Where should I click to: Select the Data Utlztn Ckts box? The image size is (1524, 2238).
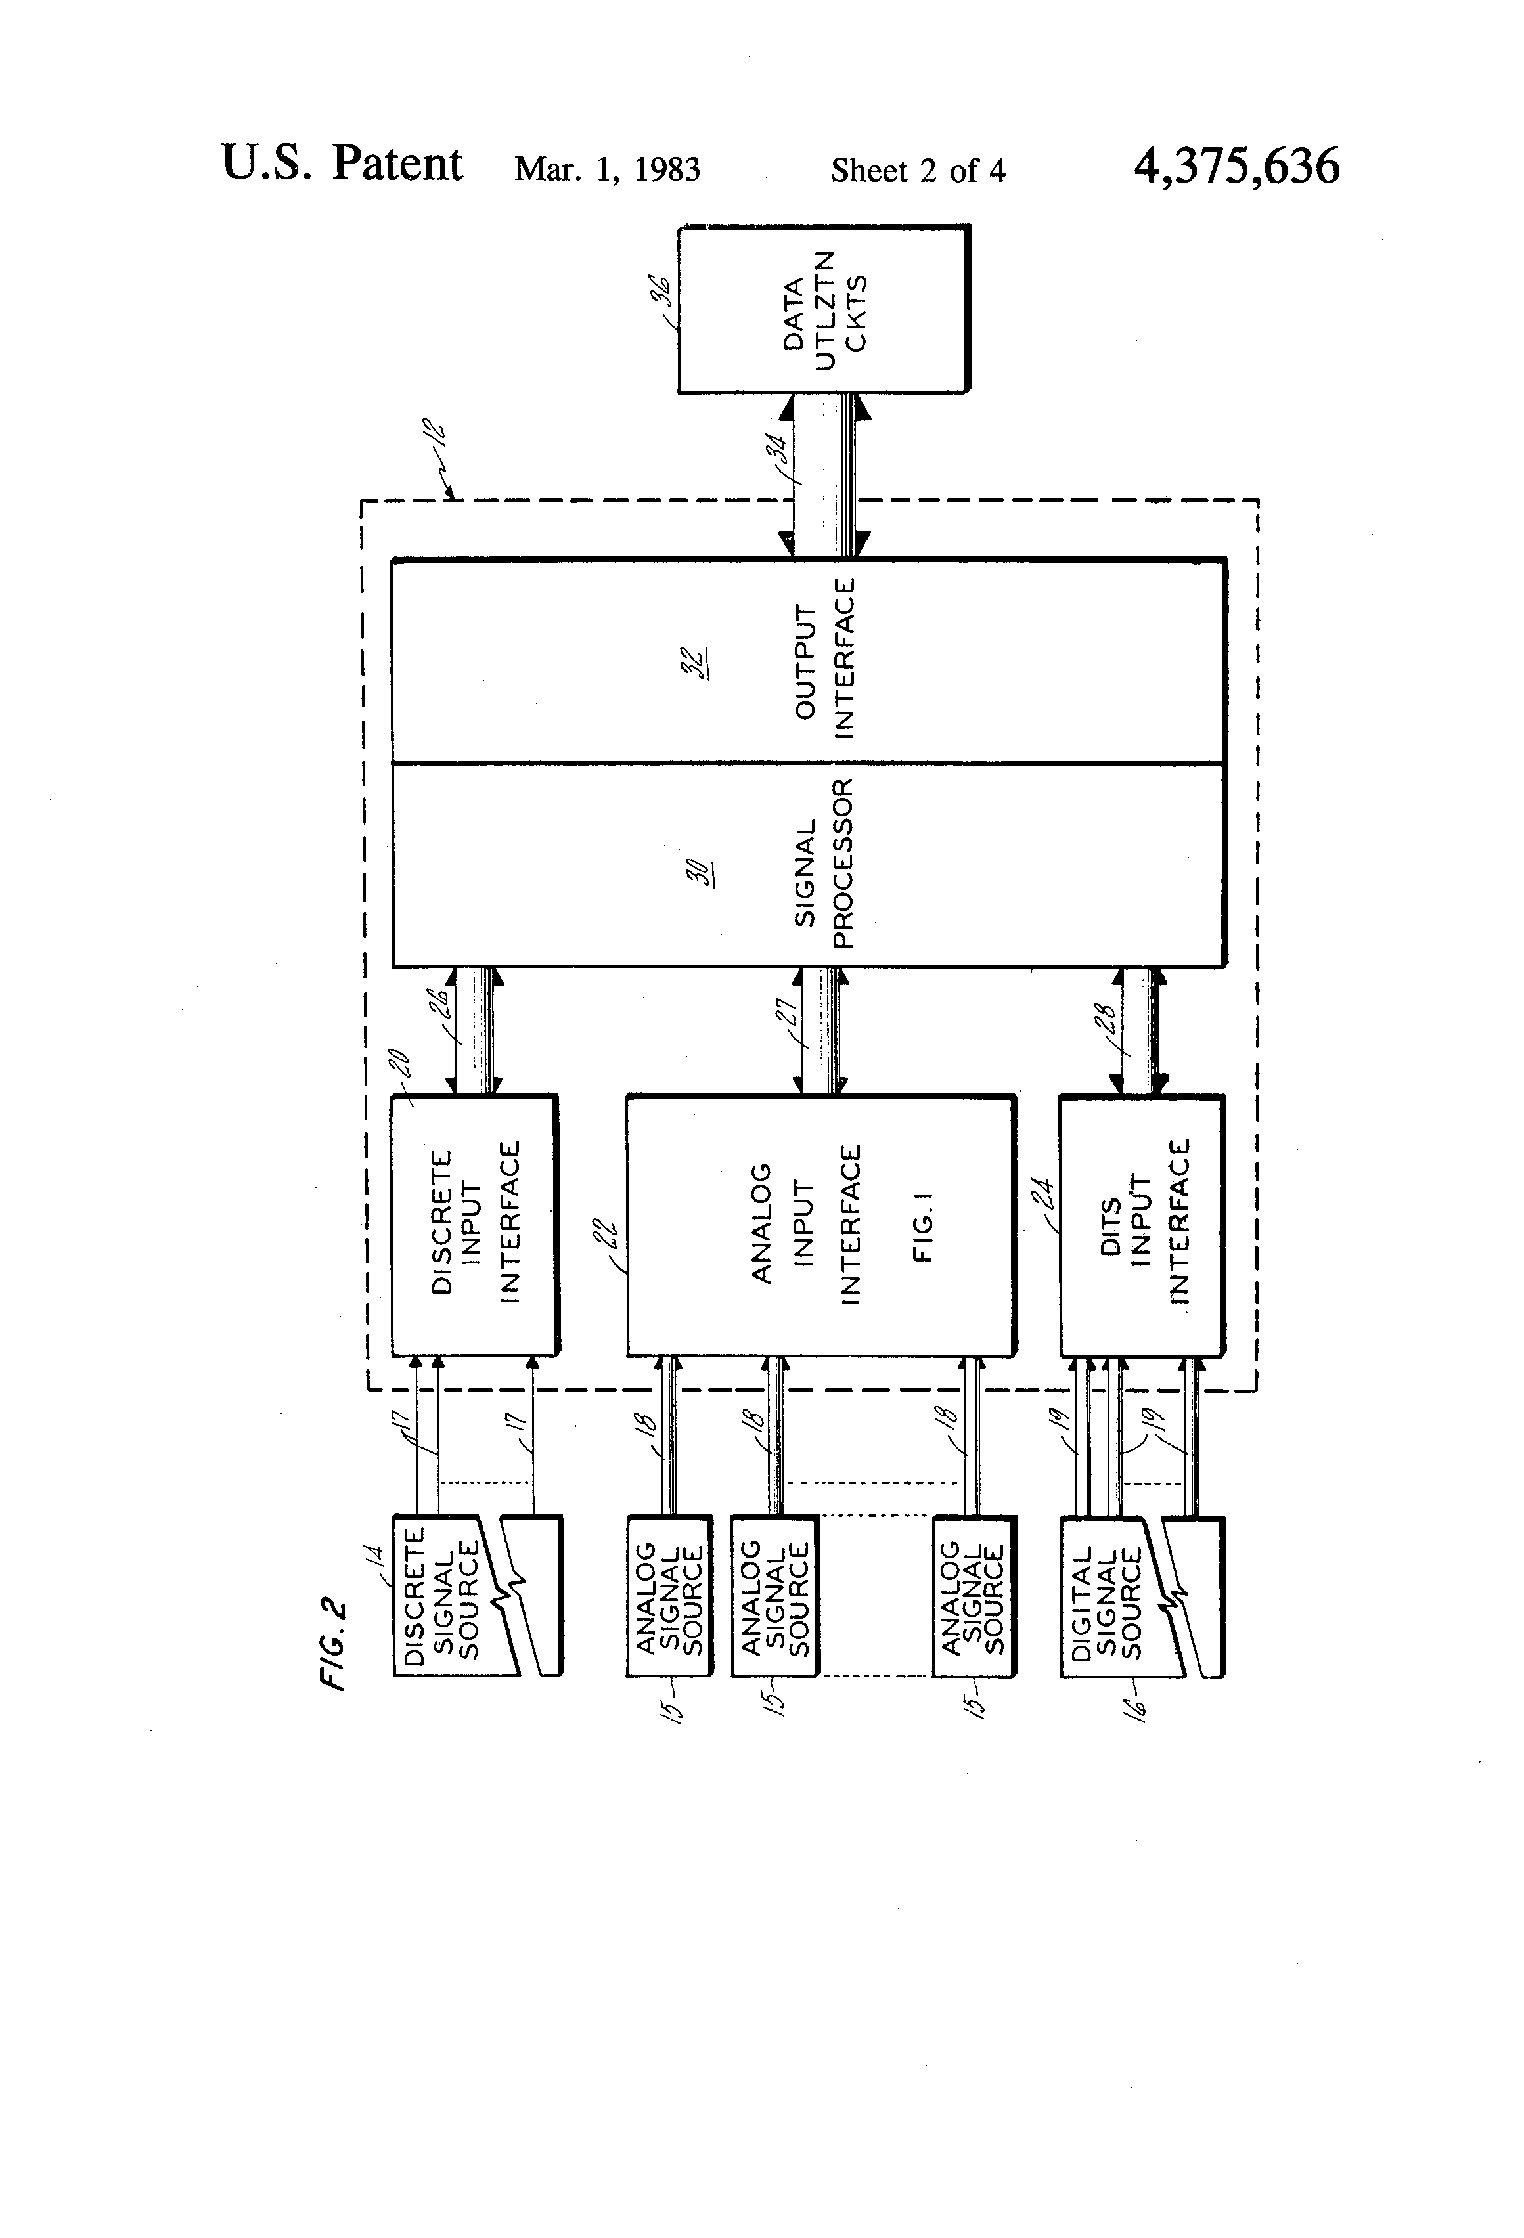point(824,310)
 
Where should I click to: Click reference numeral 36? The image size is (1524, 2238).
point(663,291)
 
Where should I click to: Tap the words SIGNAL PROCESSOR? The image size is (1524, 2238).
point(824,864)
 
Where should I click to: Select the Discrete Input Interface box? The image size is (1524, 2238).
point(474,1224)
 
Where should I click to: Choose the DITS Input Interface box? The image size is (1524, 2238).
point(1142,1224)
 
